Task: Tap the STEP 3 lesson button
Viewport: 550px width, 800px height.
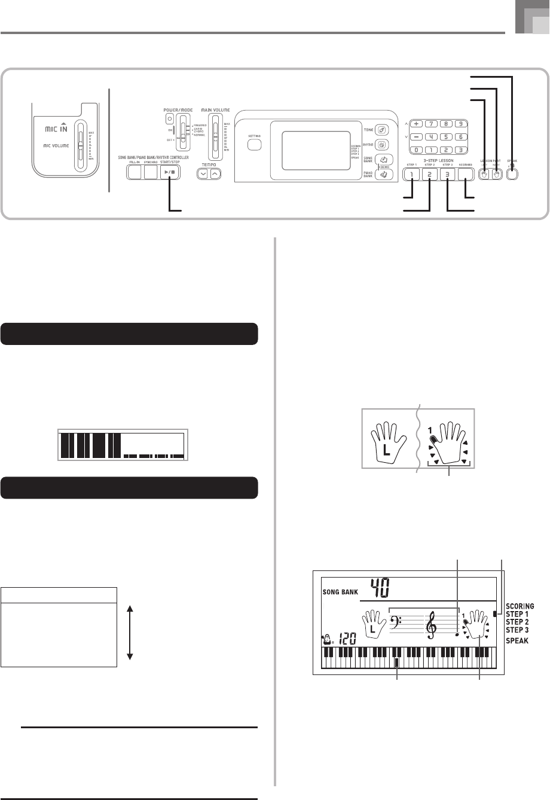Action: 447,175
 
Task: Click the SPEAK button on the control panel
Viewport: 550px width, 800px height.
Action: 512,175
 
